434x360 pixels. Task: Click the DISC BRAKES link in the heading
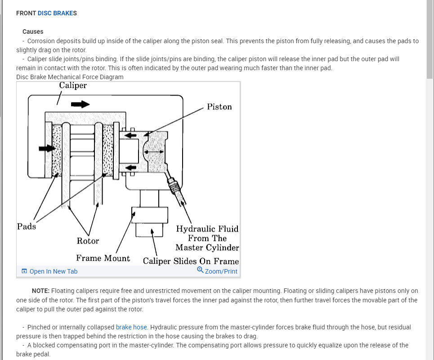tap(56, 13)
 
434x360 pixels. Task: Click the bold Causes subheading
tap(33, 31)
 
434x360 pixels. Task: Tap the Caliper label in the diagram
tap(73, 85)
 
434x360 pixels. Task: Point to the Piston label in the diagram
tap(219, 107)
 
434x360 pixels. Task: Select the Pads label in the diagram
tap(27, 226)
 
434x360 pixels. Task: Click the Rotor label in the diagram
tap(88, 241)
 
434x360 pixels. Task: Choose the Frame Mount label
tap(103, 258)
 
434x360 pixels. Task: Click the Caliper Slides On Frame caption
tap(191, 261)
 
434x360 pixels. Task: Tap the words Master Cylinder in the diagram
tap(207, 247)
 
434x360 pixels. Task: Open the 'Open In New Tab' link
tap(53, 271)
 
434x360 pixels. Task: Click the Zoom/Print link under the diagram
tap(221, 271)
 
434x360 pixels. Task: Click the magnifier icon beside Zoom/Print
tap(200, 270)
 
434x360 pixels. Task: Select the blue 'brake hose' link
tap(131, 327)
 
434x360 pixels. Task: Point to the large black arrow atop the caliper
tap(80, 104)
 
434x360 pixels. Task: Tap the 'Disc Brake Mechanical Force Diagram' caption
tap(70, 77)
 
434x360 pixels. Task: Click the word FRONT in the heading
tap(26, 13)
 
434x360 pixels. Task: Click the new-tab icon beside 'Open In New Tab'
tap(24, 271)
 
